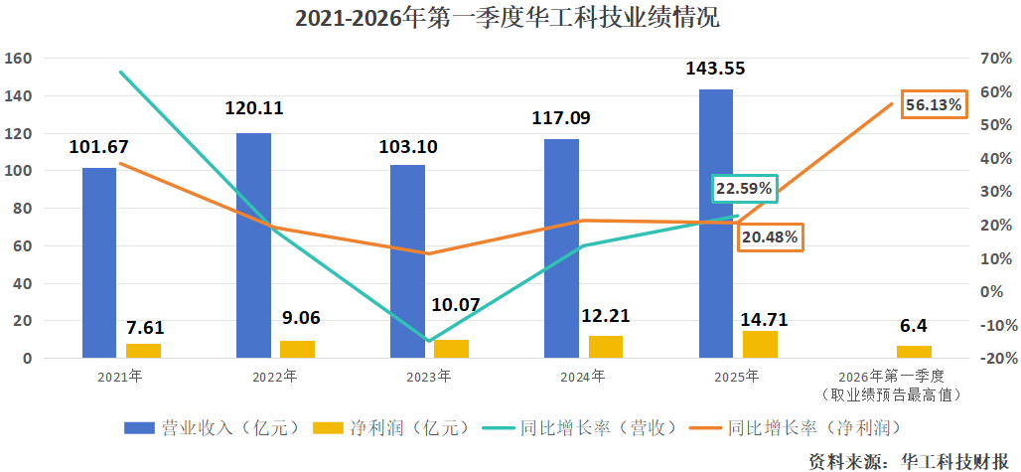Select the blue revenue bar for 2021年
tap(98, 262)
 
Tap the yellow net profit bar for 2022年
tap(297, 349)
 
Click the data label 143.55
tap(715, 70)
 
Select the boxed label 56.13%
tap(933, 104)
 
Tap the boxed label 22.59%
tap(744, 189)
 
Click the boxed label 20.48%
tap(769, 236)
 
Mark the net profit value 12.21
tap(605, 316)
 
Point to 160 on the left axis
tap(18, 59)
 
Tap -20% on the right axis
tap(994, 359)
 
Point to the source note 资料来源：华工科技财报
tap(908, 460)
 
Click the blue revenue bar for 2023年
tap(407, 261)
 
